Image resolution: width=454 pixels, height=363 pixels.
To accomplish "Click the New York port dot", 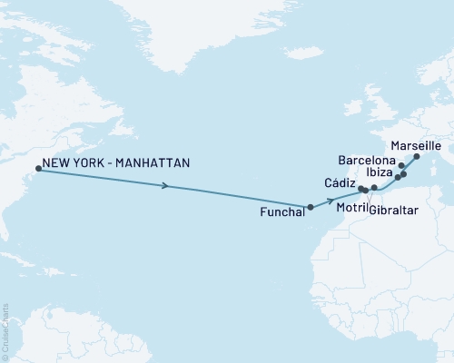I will point(38,168).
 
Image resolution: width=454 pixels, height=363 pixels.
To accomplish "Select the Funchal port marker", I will point(311,207).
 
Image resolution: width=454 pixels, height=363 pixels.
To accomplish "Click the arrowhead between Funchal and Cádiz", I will point(331,198).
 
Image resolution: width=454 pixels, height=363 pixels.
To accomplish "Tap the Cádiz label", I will point(340,182).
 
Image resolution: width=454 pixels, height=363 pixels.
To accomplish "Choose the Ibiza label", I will point(379,170).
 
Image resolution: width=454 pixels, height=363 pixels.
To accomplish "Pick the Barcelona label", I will point(367,159).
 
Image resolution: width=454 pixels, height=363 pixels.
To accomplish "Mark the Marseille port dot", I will point(417,157).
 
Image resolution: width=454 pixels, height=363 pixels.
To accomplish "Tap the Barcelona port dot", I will point(401,166).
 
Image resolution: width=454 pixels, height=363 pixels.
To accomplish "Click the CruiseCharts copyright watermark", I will point(5,332).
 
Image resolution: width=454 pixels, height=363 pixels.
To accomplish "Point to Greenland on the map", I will point(218,36).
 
